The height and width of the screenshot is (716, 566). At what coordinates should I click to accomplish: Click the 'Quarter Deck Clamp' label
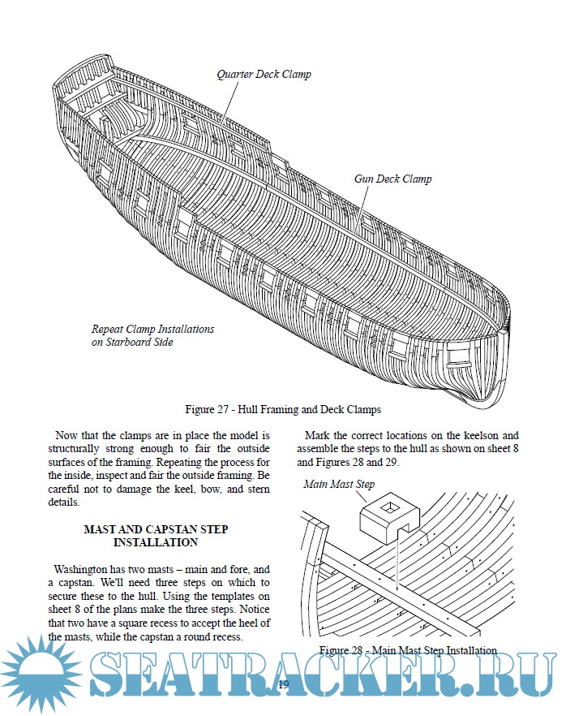click(264, 75)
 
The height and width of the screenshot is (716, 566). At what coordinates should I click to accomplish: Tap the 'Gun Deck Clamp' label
click(392, 179)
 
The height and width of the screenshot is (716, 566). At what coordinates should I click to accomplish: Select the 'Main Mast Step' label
click(339, 485)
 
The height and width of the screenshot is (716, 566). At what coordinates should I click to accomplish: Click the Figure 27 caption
click(283, 408)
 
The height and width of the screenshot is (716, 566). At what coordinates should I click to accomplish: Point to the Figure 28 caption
click(407, 650)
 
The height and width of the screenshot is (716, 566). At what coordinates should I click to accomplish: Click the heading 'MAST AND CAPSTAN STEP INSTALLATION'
click(156, 535)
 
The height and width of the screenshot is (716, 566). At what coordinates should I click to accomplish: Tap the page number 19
click(283, 685)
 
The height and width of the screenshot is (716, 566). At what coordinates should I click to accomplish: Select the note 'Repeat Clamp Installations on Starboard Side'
click(152, 335)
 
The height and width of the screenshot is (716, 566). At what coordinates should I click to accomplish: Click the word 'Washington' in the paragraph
click(80, 569)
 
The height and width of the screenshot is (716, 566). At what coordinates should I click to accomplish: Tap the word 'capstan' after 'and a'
click(75, 582)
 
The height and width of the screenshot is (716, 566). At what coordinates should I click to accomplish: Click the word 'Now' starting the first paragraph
click(65, 435)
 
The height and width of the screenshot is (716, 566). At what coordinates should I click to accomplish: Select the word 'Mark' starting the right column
click(319, 435)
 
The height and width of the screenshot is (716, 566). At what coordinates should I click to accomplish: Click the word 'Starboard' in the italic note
click(128, 342)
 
